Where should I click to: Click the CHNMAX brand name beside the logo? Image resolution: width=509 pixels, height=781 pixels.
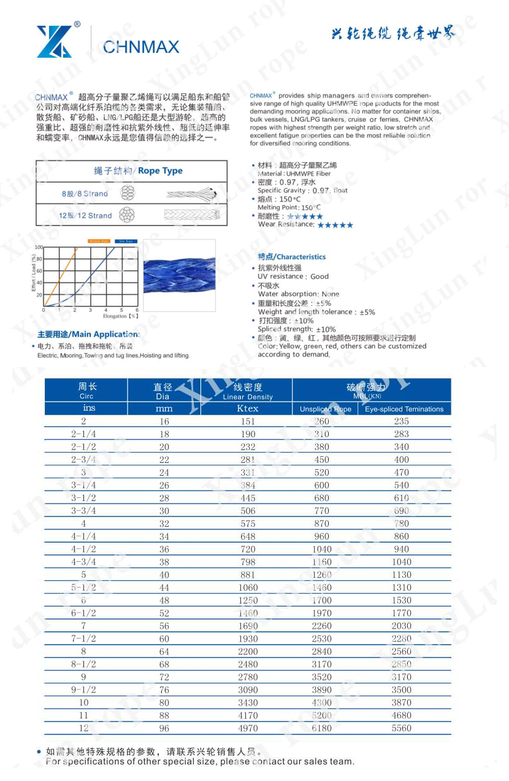141,47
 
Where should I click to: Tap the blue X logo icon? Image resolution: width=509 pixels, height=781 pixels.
54,42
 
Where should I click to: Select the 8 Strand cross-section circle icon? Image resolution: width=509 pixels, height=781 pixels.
126,193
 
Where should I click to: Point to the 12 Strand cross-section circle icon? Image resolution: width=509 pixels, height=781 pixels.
126,215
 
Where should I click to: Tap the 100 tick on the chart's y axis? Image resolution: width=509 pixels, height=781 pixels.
39,247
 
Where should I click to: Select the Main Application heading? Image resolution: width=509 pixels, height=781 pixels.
88,335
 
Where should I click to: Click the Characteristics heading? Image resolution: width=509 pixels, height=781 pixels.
291,257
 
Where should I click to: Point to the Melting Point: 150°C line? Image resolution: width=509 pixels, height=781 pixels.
289,208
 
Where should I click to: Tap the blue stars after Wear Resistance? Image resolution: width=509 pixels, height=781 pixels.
335,225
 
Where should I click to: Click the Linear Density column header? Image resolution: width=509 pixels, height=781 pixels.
247,391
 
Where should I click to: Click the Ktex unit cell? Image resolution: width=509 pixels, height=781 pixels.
247,408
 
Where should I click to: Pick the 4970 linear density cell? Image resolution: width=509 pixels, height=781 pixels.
247,728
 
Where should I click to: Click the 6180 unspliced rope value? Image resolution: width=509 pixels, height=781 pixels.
321,728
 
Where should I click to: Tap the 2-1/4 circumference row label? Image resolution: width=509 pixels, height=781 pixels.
83,434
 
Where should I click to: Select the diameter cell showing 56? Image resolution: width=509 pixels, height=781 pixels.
164,626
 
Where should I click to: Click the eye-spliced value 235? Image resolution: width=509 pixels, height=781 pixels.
402,421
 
